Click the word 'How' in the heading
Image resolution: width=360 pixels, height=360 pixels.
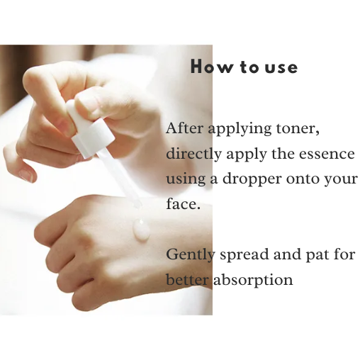205,68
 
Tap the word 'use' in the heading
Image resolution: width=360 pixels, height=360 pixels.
281,68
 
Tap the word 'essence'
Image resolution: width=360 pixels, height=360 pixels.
328,154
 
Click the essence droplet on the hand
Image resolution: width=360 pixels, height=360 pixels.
141,230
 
